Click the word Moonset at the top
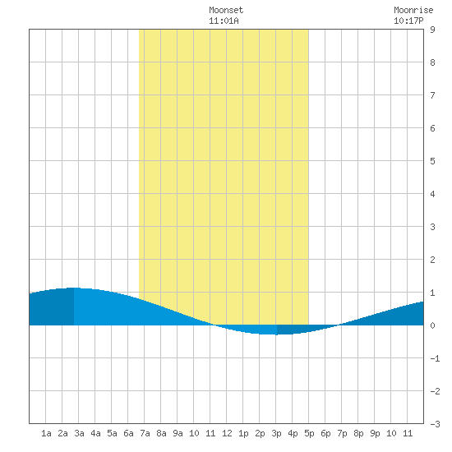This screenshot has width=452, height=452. (226, 10)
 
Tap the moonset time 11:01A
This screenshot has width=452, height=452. (224, 21)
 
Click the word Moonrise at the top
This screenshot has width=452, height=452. (413, 10)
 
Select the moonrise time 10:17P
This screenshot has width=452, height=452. (408, 21)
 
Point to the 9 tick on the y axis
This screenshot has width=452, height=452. (432, 30)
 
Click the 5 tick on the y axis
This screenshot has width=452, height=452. (432, 161)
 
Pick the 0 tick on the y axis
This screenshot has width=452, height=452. (432, 325)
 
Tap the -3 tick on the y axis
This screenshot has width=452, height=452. (435, 424)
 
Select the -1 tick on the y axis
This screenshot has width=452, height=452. (435, 358)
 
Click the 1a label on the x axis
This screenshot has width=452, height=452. (46, 433)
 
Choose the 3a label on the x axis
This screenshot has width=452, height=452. (79, 433)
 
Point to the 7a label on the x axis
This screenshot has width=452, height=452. (145, 433)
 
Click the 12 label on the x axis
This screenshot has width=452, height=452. (227, 433)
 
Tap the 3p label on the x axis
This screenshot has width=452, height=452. (276, 433)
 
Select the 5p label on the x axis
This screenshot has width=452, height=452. (309, 433)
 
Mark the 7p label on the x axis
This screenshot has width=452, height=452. (342, 433)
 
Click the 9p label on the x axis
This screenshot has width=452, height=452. (375, 433)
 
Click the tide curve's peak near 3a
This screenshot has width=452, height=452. (74, 288)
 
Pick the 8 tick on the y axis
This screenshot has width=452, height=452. (432, 62)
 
